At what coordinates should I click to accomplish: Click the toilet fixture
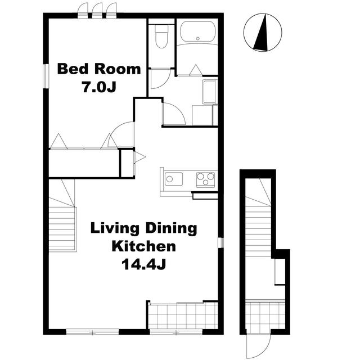click(161, 36)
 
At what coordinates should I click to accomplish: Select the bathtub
click(198, 31)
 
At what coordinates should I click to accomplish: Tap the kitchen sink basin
click(174, 179)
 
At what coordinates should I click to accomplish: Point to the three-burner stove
click(206, 179)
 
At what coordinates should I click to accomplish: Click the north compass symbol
click(263, 32)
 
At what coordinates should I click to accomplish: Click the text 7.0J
click(99, 87)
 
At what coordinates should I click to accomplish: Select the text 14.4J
click(144, 264)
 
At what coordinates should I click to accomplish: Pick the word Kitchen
click(144, 246)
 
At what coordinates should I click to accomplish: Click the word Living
click(115, 229)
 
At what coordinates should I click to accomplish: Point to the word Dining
click(172, 229)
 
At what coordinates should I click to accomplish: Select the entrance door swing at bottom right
click(259, 346)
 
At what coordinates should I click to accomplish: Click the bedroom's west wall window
click(46, 76)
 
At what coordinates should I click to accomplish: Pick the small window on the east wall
click(220, 242)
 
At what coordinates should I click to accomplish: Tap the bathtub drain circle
click(198, 38)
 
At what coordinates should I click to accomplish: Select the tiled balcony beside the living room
click(183, 316)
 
